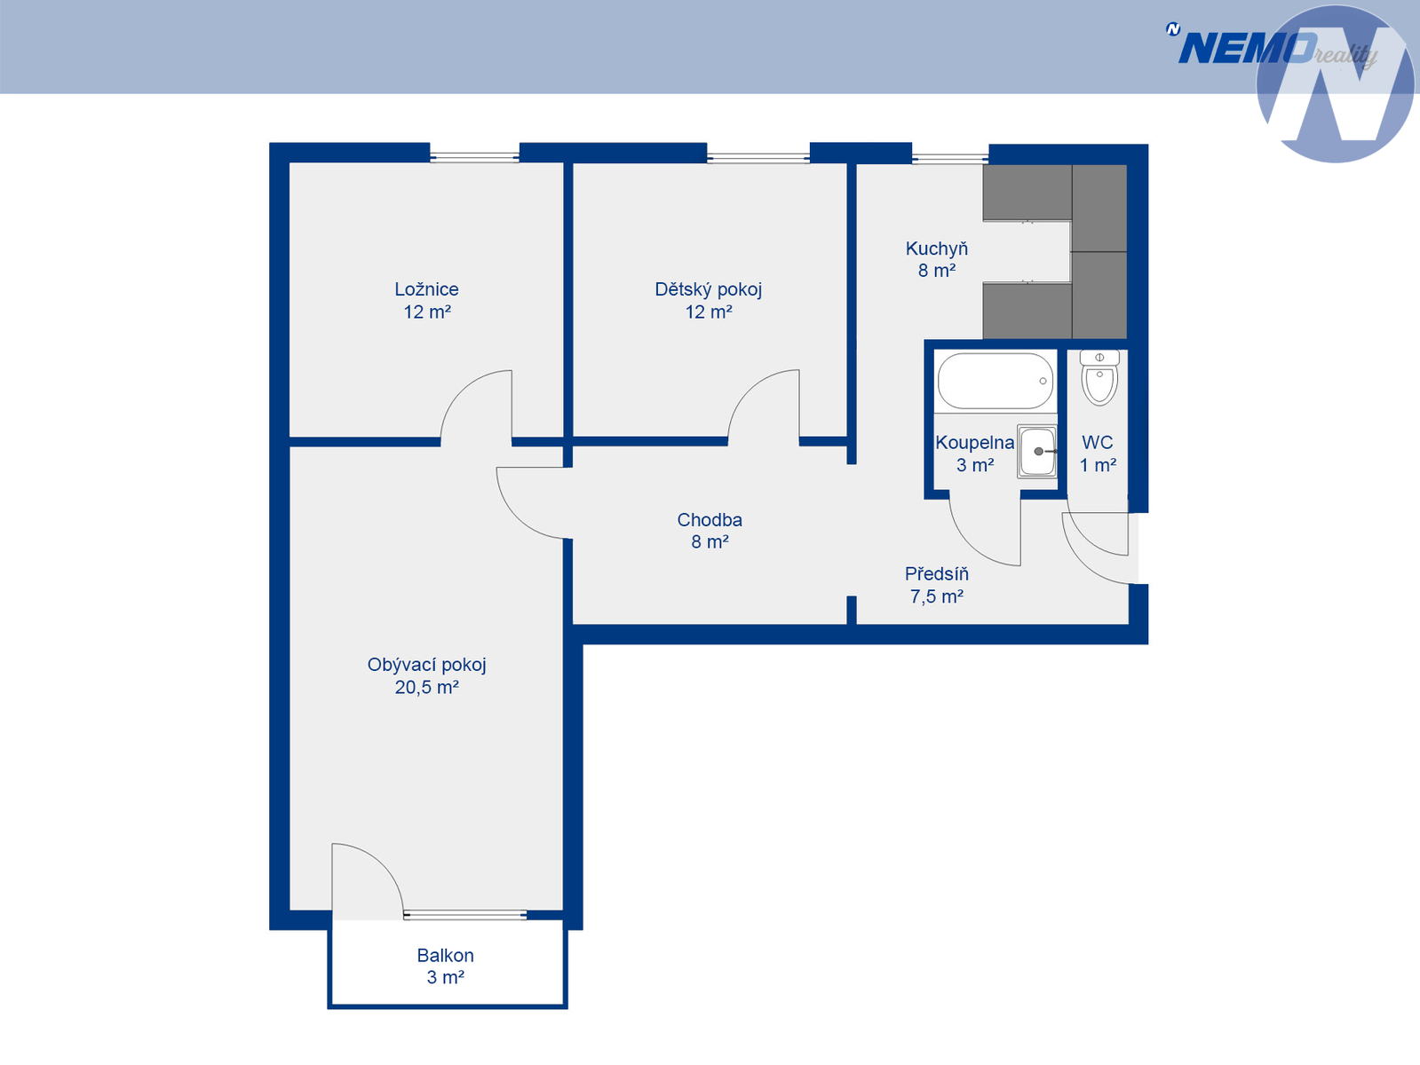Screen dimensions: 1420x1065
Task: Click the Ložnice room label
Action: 426,288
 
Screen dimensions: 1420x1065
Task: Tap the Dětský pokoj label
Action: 709,289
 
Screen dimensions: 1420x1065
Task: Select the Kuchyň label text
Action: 937,248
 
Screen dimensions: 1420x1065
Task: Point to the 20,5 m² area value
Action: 427,687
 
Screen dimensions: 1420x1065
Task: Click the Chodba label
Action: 710,519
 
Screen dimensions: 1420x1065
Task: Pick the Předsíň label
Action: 937,573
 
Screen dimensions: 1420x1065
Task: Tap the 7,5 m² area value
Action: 937,596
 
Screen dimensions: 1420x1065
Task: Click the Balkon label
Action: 445,955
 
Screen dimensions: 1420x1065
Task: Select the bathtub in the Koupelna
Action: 996,381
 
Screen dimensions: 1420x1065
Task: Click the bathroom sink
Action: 1037,451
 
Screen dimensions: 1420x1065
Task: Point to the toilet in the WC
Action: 1099,377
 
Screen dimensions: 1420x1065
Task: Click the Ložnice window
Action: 475,156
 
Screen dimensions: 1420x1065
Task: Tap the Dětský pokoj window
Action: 758,157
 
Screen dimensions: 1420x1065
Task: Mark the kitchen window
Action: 950,158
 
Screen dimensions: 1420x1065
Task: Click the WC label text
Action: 1098,443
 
